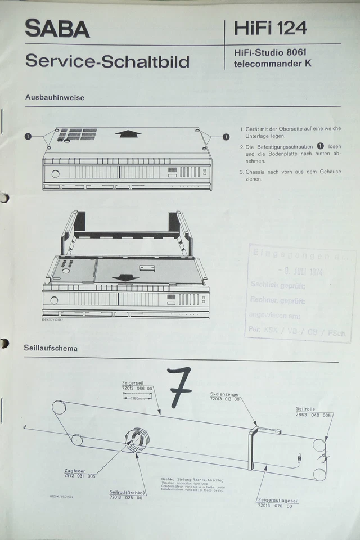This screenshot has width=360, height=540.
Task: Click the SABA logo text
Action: coord(57,28)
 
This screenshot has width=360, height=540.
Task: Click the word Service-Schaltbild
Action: coord(107,61)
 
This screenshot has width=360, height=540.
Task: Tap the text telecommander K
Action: coord(273,64)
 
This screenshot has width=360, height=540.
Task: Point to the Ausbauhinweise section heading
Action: coord(55,97)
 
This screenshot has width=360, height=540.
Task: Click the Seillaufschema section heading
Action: coord(51,348)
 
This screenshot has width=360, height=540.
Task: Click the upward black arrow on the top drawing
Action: coord(128,133)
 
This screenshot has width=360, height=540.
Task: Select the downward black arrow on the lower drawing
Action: coord(125,277)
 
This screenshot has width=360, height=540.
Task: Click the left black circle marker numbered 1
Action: coord(28,136)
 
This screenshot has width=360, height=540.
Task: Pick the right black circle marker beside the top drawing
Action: coord(226,136)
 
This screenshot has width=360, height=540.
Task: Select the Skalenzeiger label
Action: coord(224,394)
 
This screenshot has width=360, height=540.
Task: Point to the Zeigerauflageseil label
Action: coord(275,500)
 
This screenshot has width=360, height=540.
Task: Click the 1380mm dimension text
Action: coord(137,398)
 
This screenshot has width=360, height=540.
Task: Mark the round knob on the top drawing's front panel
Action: coord(55,173)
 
